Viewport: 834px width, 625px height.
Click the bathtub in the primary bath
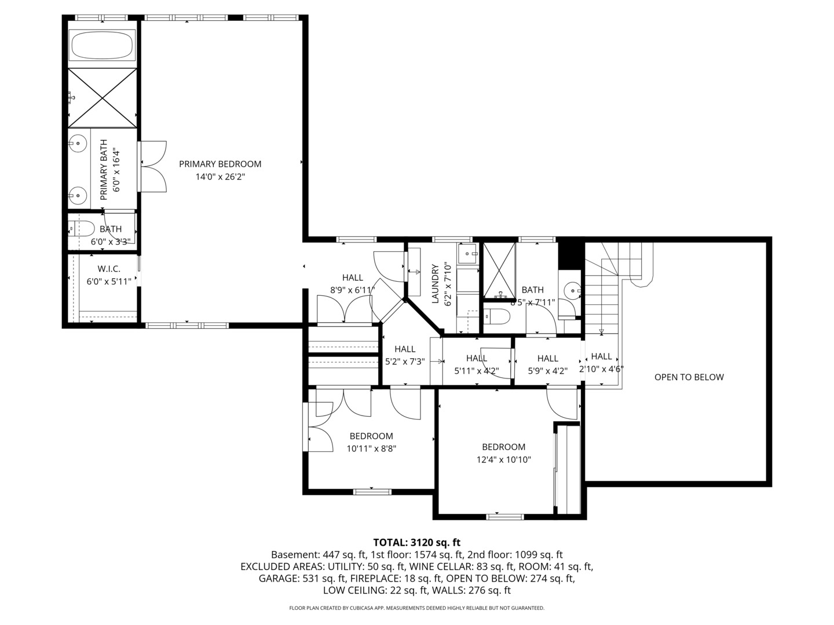tap(102, 45)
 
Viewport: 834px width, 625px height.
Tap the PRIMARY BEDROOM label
tap(220, 164)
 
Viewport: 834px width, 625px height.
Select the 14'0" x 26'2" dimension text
tap(220, 177)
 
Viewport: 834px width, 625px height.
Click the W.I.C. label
tap(109, 269)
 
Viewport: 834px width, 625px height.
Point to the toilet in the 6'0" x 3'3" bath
tap(82, 229)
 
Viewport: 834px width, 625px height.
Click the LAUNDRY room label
tap(436, 284)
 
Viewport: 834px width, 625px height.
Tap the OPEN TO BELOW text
tap(689, 377)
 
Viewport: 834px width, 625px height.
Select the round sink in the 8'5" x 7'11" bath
tap(572, 291)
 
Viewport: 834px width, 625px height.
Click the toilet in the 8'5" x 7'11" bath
tap(497, 317)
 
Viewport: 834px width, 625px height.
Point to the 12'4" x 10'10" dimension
tap(503, 459)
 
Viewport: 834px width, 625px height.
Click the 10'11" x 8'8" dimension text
tap(371, 448)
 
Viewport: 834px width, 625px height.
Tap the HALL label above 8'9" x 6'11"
tap(352, 277)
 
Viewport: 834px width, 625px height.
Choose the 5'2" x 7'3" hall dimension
tap(405, 362)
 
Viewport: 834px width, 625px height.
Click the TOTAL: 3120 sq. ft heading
tap(417, 542)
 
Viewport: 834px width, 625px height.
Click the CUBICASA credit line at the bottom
tap(417, 608)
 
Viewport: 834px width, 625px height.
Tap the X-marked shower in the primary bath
tap(102, 98)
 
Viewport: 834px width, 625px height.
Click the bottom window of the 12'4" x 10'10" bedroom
tap(505, 517)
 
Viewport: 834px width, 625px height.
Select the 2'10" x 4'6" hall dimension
tap(601, 369)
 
